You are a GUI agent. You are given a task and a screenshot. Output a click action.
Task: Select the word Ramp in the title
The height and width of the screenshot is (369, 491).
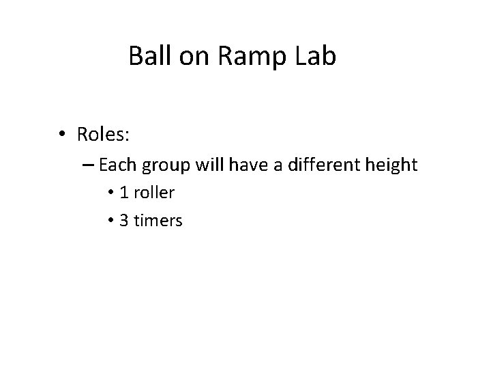235,57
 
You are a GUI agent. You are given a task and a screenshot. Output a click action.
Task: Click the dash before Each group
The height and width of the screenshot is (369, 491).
89,165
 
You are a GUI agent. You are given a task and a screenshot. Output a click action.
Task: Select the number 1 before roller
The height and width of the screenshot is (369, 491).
123,193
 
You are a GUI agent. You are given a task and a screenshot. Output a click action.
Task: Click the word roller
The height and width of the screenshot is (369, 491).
153,193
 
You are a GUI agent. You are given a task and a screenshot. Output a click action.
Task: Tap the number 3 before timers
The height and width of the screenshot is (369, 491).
123,221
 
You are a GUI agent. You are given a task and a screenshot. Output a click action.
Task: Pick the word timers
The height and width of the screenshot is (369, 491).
158,221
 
